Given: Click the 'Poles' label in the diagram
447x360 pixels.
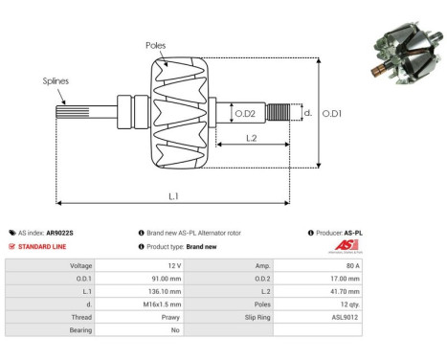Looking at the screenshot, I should tap(156, 45).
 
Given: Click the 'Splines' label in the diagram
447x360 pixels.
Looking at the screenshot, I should tap(55, 81).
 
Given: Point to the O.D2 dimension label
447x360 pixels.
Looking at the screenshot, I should tap(245, 114).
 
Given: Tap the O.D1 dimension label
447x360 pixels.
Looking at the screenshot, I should tap(332, 114).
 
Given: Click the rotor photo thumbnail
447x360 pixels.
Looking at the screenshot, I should tap(400, 56).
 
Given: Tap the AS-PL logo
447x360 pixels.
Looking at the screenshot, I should tap(347, 246).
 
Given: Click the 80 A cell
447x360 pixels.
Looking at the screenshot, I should tap(353, 264).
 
